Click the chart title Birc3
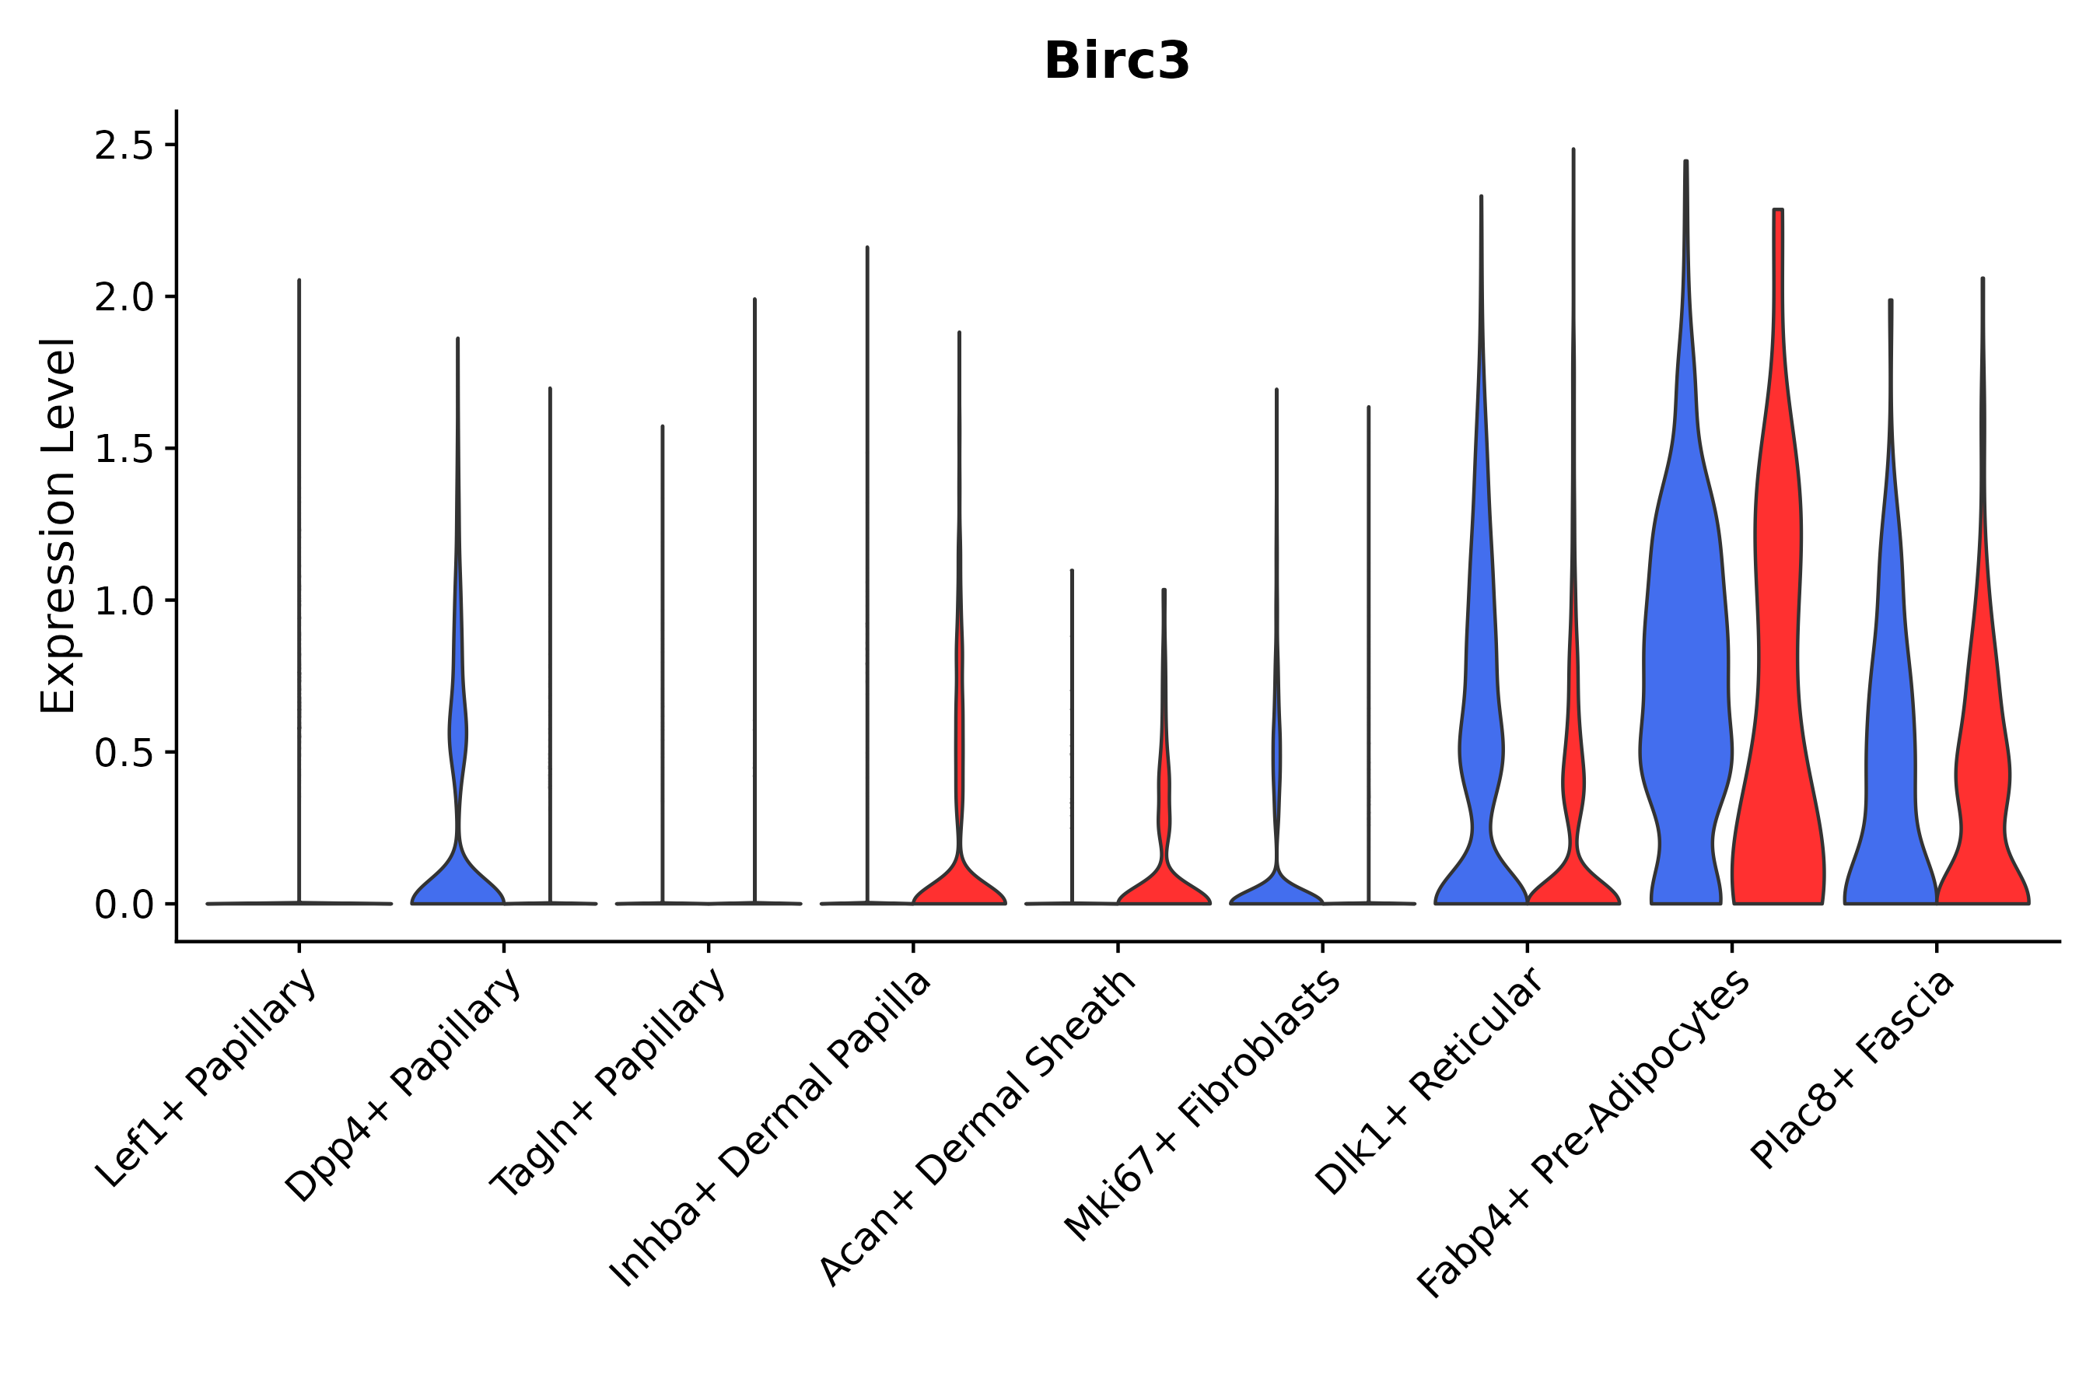(x=1116, y=61)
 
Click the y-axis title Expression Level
(x=58, y=525)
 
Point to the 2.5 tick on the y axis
(x=124, y=145)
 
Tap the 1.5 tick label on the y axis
(x=124, y=449)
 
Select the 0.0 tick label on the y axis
(x=124, y=905)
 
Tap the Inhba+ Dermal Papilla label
(x=772, y=1129)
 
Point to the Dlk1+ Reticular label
(x=1430, y=1081)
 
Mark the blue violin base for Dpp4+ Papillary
(x=457, y=884)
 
